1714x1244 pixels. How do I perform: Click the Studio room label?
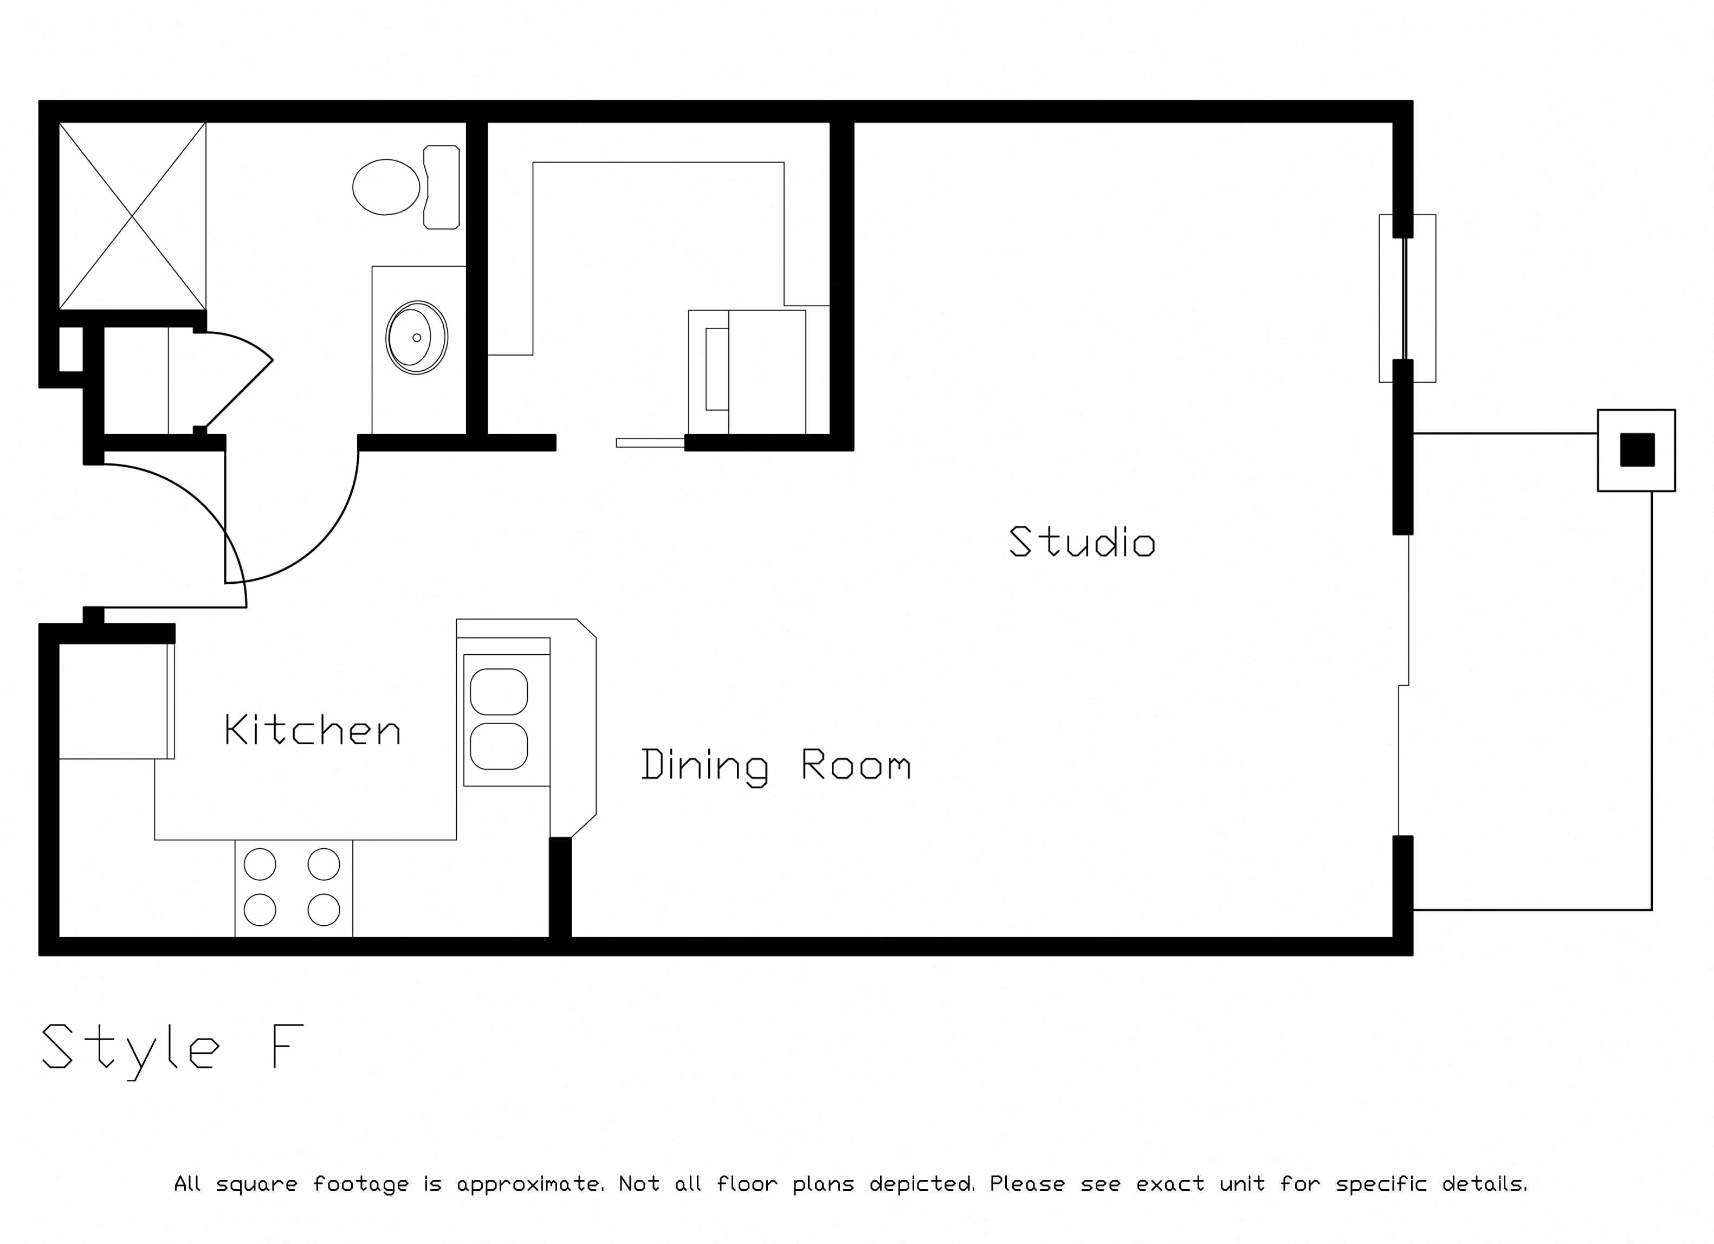(x=1082, y=542)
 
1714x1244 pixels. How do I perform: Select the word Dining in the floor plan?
(x=704, y=766)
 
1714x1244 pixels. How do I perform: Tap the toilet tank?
(x=441, y=188)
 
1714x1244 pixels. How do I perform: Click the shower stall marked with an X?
(x=132, y=216)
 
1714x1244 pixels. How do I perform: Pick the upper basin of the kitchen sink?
(x=499, y=692)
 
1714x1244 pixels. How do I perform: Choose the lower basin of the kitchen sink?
(x=499, y=746)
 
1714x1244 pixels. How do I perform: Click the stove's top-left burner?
(x=260, y=864)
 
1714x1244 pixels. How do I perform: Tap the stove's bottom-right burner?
(x=324, y=910)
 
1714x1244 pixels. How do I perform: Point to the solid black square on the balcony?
(x=1637, y=450)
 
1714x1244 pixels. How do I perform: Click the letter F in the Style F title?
(x=288, y=1046)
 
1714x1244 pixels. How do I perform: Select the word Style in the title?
(x=131, y=1050)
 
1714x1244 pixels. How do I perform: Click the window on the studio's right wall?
(x=1407, y=299)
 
